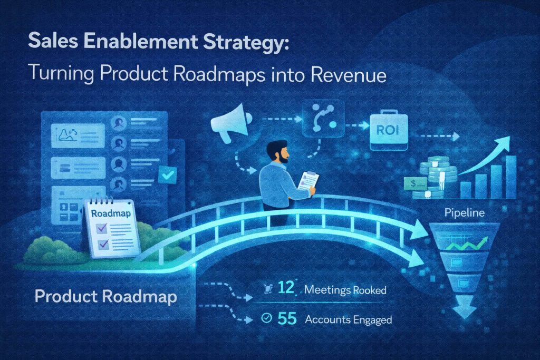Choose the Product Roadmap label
105,297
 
